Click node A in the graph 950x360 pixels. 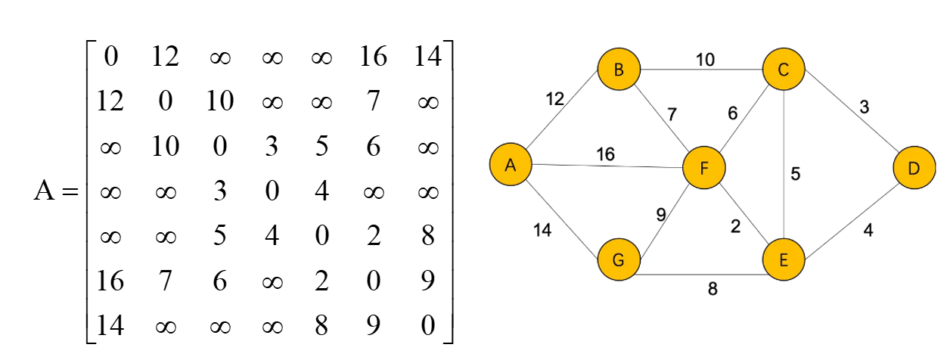(x=511, y=164)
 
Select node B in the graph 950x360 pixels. (x=619, y=70)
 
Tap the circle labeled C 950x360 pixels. (x=784, y=70)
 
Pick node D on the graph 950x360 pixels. (x=914, y=168)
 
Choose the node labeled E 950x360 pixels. (x=784, y=260)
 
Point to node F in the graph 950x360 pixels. (x=703, y=168)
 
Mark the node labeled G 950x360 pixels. (x=619, y=260)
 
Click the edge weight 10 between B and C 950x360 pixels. (x=705, y=60)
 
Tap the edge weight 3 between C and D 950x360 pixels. (x=865, y=107)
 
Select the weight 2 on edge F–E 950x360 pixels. (x=734, y=227)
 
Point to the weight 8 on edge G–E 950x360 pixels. (x=712, y=287)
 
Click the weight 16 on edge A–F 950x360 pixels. (x=604, y=154)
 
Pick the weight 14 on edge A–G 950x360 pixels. (x=542, y=230)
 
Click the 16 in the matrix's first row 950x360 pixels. (x=373, y=56)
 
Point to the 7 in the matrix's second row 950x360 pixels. (x=373, y=101)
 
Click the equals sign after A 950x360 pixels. (x=70, y=192)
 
